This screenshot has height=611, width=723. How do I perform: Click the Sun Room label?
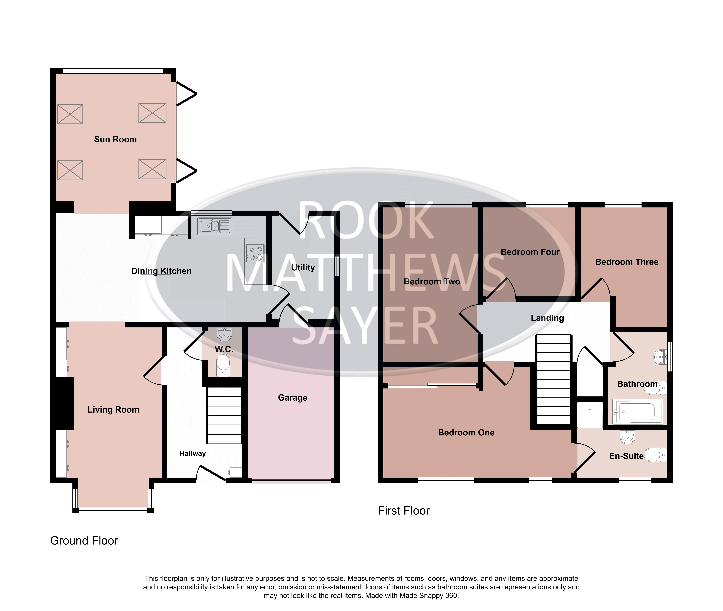pos(115,139)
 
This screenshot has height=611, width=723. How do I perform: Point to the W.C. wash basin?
pos(224,334)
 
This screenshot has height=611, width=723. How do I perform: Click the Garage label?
pos(293,398)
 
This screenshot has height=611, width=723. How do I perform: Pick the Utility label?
pos(303,267)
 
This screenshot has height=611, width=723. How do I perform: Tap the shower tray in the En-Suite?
pos(589,415)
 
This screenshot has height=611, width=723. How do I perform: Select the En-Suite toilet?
pos(655,455)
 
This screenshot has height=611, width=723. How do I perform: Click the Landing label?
pos(547,318)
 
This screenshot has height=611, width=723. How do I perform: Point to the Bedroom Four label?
pos(530,252)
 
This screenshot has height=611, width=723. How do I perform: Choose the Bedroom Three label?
pos(627,262)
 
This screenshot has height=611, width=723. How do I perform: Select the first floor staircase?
pos(554,380)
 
